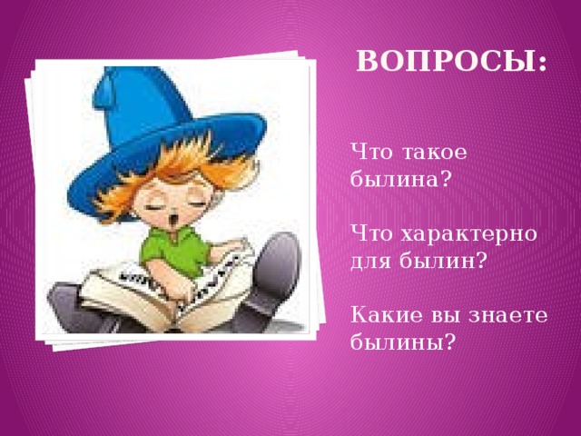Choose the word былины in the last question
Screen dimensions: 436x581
(x=396, y=342)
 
